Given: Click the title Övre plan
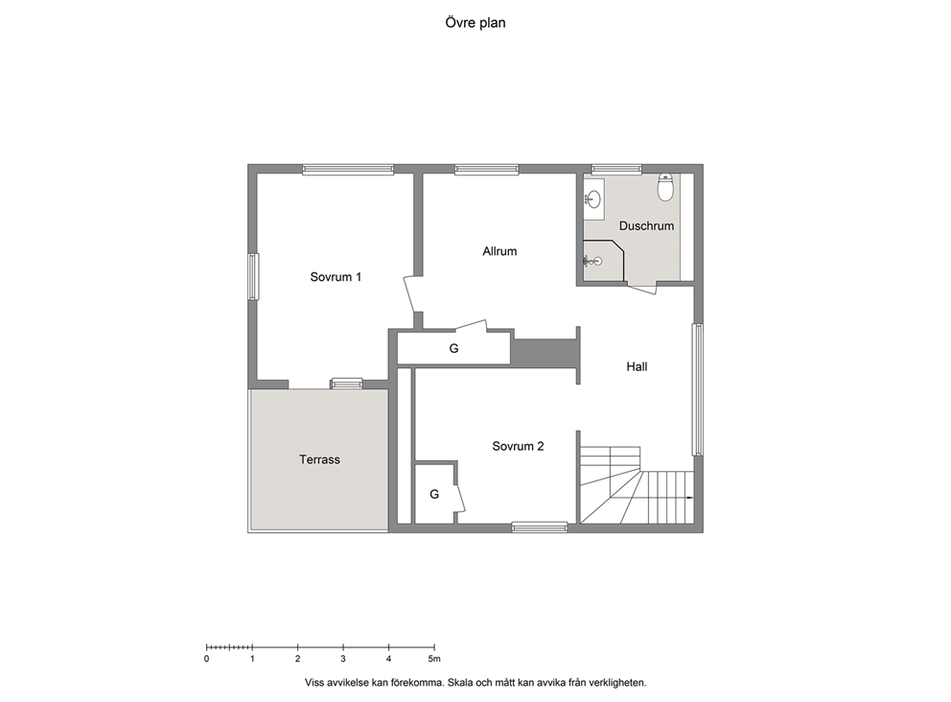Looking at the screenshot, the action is coord(475,23).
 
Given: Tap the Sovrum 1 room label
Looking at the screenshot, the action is coord(336,277).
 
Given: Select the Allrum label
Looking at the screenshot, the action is coord(499,251).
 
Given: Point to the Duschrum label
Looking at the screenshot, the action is coord(646,225).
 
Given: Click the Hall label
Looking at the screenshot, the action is coord(637,366).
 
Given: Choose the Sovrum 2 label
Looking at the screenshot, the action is coord(518,447).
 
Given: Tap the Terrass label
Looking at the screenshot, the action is coord(319,460).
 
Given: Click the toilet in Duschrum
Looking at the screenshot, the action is coord(666,187).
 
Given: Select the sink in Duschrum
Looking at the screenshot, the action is coord(593,199).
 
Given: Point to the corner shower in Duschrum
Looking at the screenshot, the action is coord(603,261).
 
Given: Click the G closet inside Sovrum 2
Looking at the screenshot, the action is coord(434,494).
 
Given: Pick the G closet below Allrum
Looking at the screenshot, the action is coord(453,348).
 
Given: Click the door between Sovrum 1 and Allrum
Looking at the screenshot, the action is coord(411,293).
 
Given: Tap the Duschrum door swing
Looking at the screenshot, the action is coord(641,289).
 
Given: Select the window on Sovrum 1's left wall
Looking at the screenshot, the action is coord(253,276).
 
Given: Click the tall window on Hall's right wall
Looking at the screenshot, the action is coord(698,389).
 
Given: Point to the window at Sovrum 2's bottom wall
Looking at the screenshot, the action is coord(540,527).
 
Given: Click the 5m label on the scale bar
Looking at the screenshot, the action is coord(433,659).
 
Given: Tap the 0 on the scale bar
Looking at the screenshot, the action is coord(207,659).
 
